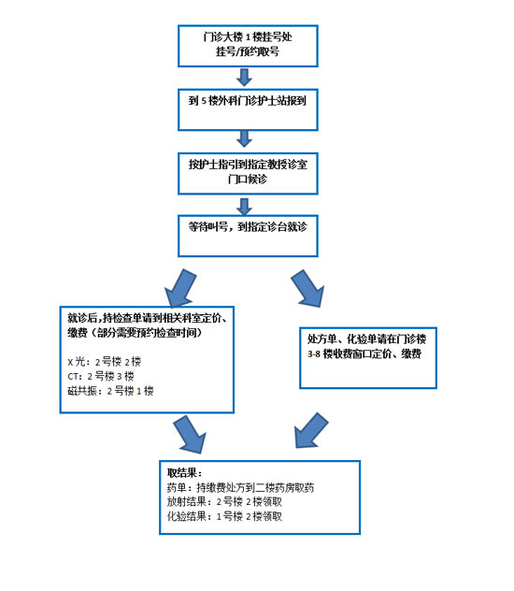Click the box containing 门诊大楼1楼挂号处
[x=248, y=46]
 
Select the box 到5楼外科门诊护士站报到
[x=248, y=109]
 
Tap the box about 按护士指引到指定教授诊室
[x=248, y=173]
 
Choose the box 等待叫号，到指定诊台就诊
[x=248, y=236]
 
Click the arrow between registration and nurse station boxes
[x=244, y=78]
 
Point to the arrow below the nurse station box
[x=244, y=138]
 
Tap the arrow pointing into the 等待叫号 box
[x=244, y=206]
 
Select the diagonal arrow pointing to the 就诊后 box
[x=180, y=288]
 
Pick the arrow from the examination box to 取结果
[x=190, y=435]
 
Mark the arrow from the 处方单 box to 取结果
[x=311, y=430]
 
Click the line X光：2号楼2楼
[x=105, y=362]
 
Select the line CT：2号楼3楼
[x=101, y=376]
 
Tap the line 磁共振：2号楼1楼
[x=110, y=391]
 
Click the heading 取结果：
[x=184, y=473]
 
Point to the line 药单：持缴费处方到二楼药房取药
[x=240, y=487]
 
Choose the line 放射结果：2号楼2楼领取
[x=224, y=501]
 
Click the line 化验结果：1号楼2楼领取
[x=224, y=516]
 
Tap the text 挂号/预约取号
[x=248, y=51]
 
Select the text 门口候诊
[x=248, y=179]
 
